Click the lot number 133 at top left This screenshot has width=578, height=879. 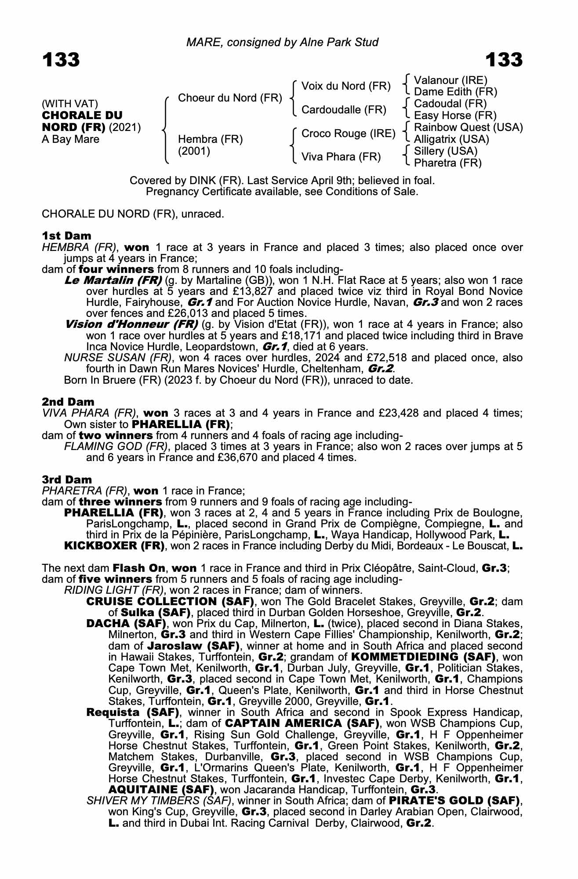coord(61,60)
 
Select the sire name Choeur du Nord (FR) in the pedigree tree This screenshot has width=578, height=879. coord(229,98)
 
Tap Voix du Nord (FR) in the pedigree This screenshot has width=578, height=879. coord(345,86)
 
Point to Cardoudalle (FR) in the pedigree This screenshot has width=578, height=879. coord(343,110)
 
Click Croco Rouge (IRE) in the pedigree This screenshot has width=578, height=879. coord(348,134)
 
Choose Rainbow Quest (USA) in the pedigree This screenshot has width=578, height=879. coord(468,127)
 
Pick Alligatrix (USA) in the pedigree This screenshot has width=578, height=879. coord(451,139)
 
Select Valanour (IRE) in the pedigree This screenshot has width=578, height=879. coord(451,80)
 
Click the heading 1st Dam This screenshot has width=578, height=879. coord(66,236)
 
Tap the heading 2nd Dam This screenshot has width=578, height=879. coord(68,402)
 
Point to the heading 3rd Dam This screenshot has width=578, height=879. coord(67,479)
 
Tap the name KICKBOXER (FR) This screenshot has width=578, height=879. coord(114,546)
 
